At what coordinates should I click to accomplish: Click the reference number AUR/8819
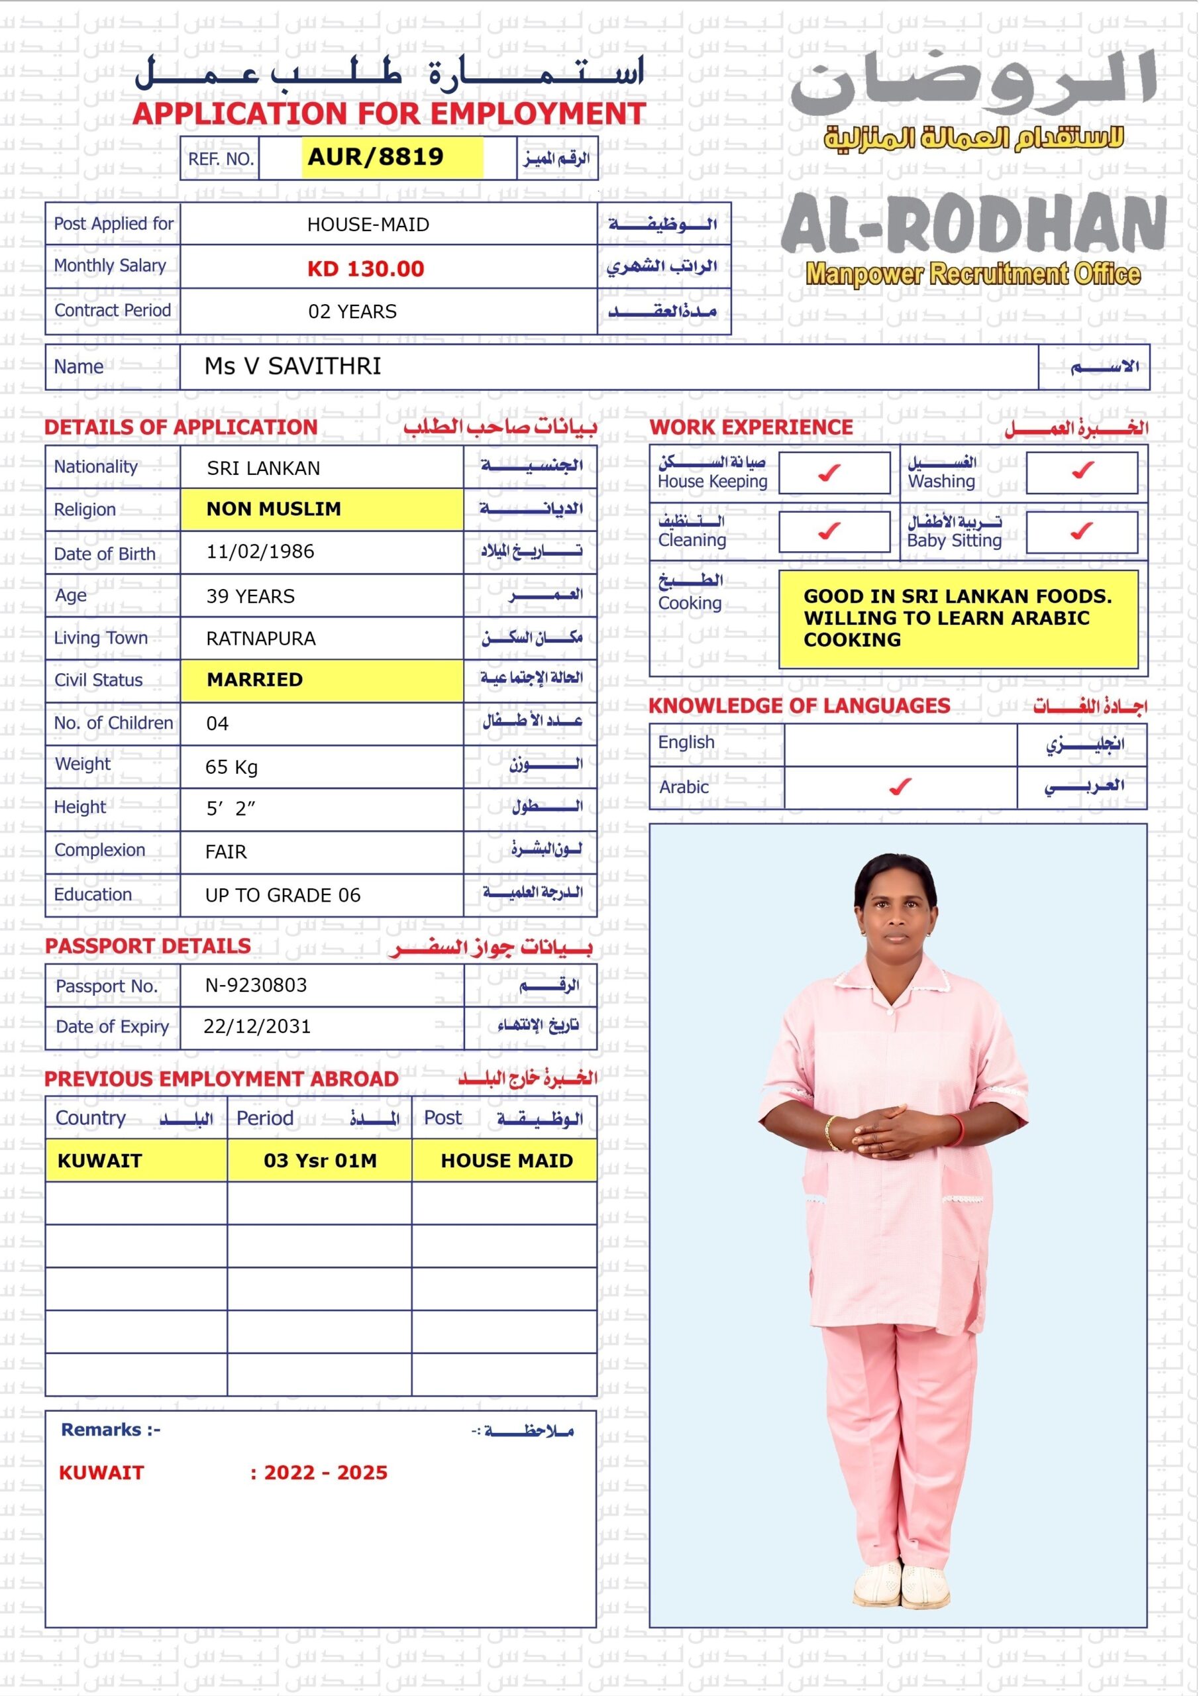[x=376, y=156]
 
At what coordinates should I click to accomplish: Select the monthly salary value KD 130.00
[x=366, y=268]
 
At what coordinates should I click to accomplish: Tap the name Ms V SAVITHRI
[x=293, y=366]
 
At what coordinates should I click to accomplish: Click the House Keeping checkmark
[x=829, y=472]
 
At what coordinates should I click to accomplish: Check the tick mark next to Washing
[x=1082, y=470]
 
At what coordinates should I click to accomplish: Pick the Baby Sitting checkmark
[x=1082, y=531]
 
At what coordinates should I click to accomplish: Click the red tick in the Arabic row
[x=900, y=788]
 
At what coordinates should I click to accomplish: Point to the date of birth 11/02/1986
[x=260, y=552]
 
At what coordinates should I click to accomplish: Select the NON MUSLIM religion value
[x=274, y=509]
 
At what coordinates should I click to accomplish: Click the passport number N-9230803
[x=256, y=984]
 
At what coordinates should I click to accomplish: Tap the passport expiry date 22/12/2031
[x=257, y=1026]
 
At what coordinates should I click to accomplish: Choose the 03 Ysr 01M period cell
[x=320, y=1161]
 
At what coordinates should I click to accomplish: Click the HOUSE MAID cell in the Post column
[x=507, y=1161]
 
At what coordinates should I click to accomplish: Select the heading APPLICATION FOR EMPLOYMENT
[x=390, y=114]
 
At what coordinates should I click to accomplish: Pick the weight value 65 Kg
[x=231, y=767]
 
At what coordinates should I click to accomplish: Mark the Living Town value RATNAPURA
[x=261, y=638]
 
